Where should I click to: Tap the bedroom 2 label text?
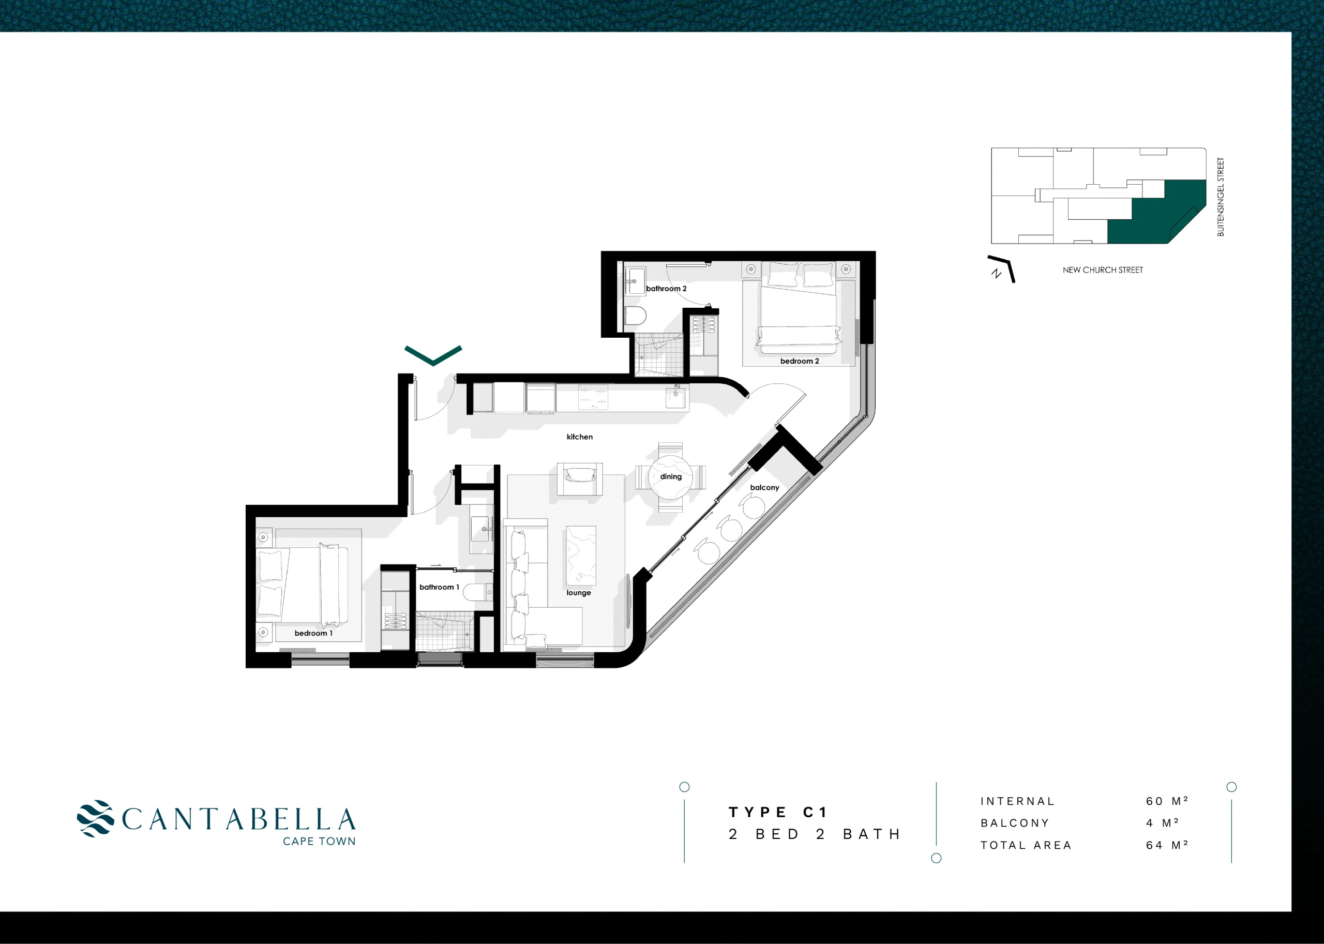coord(799,361)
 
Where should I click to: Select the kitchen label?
coord(579,437)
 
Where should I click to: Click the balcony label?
coord(764,488)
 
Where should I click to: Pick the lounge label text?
coord(578,593)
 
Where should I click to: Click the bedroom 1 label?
coord(313,633)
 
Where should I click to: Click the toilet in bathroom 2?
coord(635,316)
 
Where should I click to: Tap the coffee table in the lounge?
coord(581,555)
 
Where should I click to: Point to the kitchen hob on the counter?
coord(593,398)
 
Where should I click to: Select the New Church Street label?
coord(1103,269)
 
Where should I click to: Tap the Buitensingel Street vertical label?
coord(1221,197)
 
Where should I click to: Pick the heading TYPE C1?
coord(777,812)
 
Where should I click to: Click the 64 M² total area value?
coord(1167,845)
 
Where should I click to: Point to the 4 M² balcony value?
coord(1163,823)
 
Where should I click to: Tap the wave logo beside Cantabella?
coord(96,818)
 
